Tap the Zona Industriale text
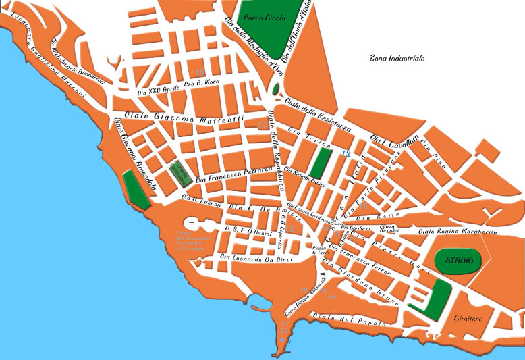(x=397, y=59)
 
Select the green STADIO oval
(x=454, y=260)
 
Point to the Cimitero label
(x=470, y=317)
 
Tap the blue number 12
(x=346, y=154)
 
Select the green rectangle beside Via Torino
(x=320, y=162)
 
